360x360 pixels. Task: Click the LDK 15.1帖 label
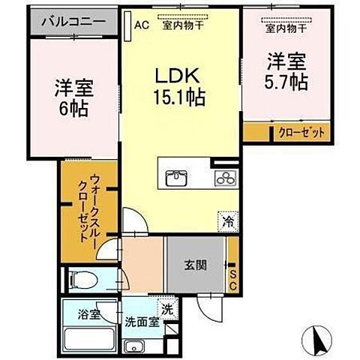[180, 87]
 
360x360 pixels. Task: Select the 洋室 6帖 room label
[71, 96]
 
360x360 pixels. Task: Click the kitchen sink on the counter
[177, 178]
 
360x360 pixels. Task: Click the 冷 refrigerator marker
[226, 221]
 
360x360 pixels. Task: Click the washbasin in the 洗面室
[135, 346]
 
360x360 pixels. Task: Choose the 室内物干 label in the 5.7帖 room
[283, 28]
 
